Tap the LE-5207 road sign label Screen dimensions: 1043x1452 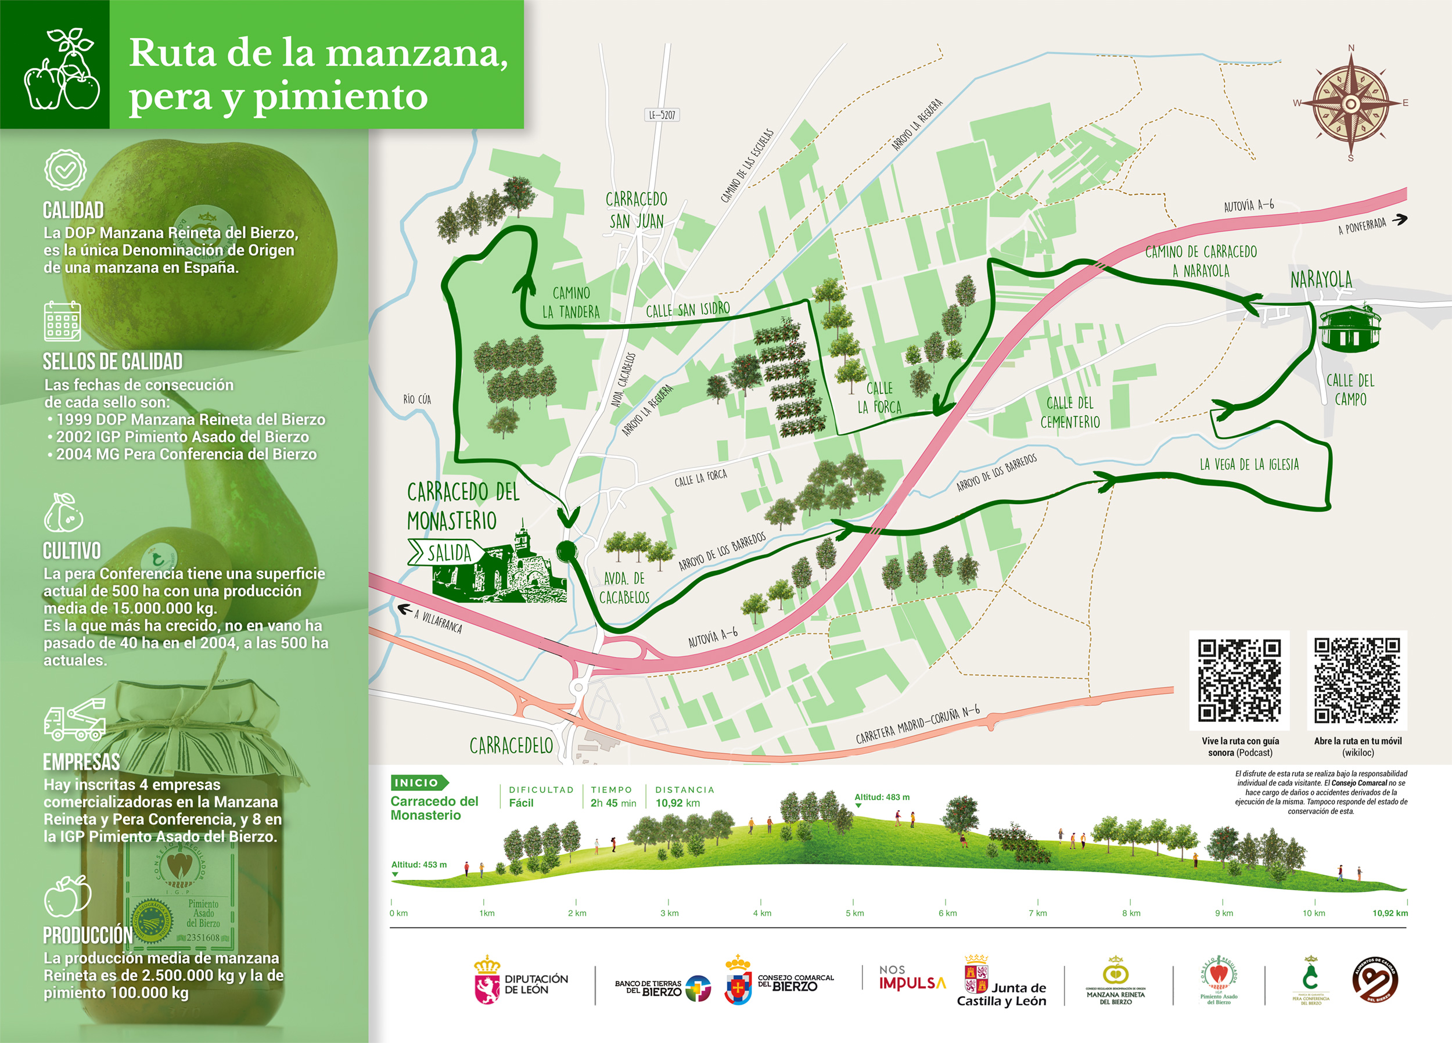pos(662,115)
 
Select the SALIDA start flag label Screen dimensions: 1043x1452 pos(448,552)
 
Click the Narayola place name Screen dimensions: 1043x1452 pos(1321,280)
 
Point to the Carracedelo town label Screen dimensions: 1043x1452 pos(511,745)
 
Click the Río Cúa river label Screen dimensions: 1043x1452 pos(417,400)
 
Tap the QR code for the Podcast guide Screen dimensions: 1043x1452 pos(1239,680)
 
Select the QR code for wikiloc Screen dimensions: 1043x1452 pos(1357,680)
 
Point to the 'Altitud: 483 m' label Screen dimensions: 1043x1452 pos(882,797)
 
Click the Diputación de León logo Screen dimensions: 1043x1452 pos(520,981)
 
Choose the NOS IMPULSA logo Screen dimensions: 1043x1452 pos(912,979)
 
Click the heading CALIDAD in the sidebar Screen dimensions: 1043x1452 pos(73,210)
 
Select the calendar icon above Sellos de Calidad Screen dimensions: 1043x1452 pos(62,321)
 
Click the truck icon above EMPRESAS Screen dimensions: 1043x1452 pos(74,720)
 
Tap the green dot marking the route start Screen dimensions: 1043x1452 pos(566,551)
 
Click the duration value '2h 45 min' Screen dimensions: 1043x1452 pos(613,803)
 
